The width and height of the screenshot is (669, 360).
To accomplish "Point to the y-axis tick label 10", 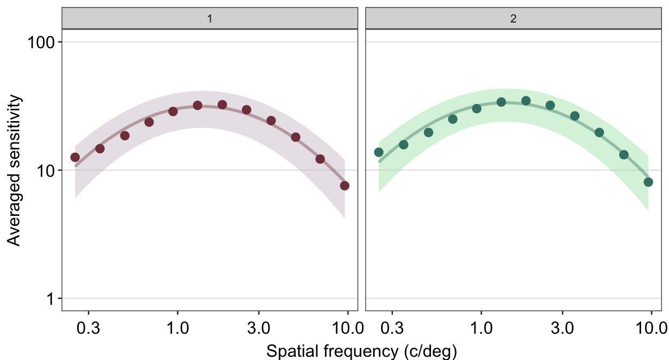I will tap(46, 170).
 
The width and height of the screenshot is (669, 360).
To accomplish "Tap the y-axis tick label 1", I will tap(51, 298).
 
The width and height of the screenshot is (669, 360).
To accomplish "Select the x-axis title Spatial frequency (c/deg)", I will tap(361, 351).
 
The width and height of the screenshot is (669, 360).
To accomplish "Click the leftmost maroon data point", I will tap(75, 157).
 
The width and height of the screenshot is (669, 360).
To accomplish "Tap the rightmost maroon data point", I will tap(345, 185).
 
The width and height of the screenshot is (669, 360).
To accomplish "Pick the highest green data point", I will tap(526, 101).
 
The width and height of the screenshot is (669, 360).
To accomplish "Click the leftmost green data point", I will tap(378, 152).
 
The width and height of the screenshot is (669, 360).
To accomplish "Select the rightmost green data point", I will tap(648, 182).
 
